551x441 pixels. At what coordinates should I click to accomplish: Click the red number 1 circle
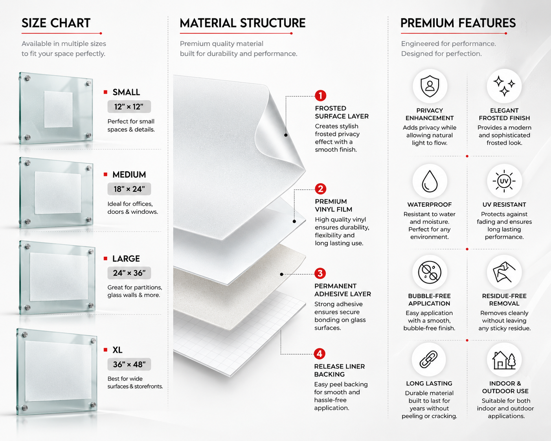point(320,96)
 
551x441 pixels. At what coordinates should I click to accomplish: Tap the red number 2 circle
point(320,189)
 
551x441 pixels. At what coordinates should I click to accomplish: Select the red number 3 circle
point(320,274)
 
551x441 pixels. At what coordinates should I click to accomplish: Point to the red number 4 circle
point(320,354)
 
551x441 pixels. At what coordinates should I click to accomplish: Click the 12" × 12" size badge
point(129,107)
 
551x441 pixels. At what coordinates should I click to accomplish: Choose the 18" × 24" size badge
point(129,189)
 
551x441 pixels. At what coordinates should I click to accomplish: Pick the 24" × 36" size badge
point(129,273)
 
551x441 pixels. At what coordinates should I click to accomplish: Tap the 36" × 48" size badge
point(129,364)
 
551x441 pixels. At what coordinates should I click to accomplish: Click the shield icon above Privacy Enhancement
point(430,86)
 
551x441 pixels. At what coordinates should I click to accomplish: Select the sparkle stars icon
point(504,86)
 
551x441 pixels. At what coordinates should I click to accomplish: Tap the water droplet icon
point(430,181)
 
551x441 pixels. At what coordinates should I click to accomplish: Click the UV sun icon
point(504,181)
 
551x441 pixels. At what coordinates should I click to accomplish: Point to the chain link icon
point(429,359)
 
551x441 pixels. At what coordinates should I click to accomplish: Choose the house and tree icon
point(504,360)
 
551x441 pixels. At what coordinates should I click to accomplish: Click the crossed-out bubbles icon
point(430,272)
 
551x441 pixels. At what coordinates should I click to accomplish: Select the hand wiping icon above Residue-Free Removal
point(504,272)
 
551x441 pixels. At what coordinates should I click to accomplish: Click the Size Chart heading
point(56,23)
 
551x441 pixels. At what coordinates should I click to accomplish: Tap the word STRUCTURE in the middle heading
point(273,23)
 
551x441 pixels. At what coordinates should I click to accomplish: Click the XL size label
point(118,350)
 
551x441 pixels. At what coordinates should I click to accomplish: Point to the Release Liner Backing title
point(340,370)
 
